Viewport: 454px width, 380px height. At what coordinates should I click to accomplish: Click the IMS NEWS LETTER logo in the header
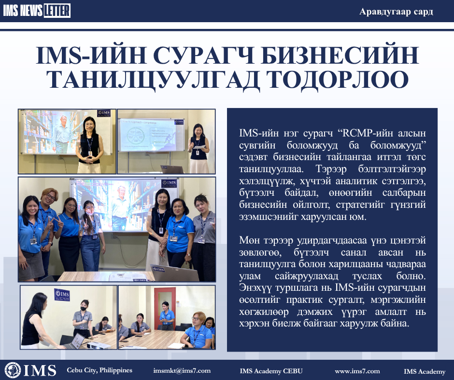pos(37,11)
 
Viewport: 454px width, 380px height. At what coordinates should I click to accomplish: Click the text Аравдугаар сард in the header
pos(396,12)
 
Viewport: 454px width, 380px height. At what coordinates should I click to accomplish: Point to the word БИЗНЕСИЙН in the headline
pos(340,55)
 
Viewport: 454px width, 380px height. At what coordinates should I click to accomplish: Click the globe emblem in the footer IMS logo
pos(13,370)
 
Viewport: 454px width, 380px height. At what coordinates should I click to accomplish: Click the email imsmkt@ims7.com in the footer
pos(182,371)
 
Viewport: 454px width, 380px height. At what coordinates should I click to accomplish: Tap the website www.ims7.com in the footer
pos(357,371)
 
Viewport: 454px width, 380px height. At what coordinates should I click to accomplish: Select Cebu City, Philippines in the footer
pos(99,370)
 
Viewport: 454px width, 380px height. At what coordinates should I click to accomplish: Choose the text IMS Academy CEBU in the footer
pos(271,371)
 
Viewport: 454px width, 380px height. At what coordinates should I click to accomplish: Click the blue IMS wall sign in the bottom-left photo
pos(62,295)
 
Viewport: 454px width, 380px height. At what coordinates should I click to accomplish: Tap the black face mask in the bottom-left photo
pos(84,309)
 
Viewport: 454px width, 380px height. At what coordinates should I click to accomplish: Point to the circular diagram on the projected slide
pos(136,136)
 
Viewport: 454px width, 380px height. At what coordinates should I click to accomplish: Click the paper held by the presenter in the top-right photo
pos(199,148)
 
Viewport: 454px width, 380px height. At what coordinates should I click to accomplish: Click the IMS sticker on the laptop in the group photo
pos(159,269)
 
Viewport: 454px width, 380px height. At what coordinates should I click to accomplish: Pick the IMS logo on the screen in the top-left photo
pos(104,113)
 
